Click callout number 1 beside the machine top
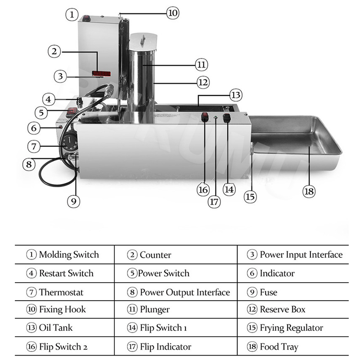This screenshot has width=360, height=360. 72,14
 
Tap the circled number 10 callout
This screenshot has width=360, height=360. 173,13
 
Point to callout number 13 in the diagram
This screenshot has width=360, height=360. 235,95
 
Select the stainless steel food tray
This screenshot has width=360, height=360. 295,139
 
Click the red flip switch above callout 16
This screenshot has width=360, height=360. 205,118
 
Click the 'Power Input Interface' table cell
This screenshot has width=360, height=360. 295,255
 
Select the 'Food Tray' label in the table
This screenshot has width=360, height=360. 279,347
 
